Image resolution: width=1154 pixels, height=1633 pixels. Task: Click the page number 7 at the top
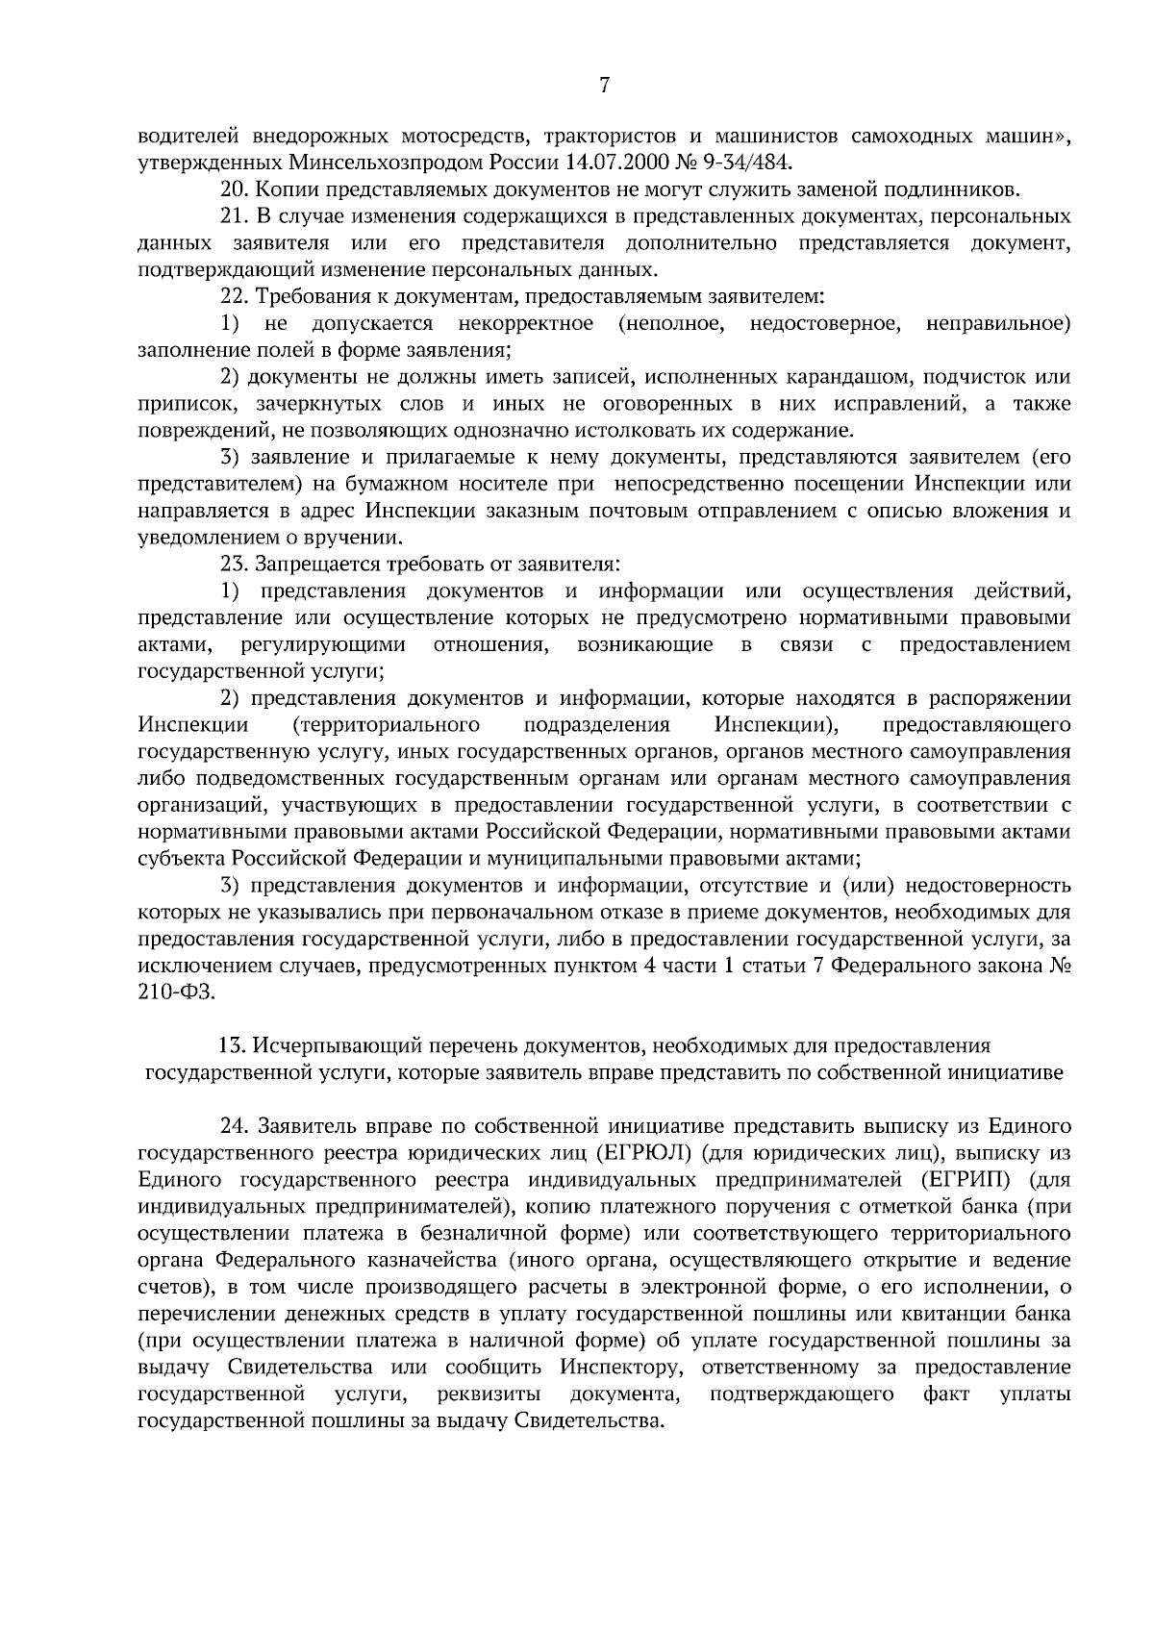[x=604, y=86]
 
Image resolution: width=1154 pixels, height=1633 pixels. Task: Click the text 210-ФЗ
[x=176, y=992]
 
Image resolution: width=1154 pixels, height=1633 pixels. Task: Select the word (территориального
[x=385, y=723]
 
